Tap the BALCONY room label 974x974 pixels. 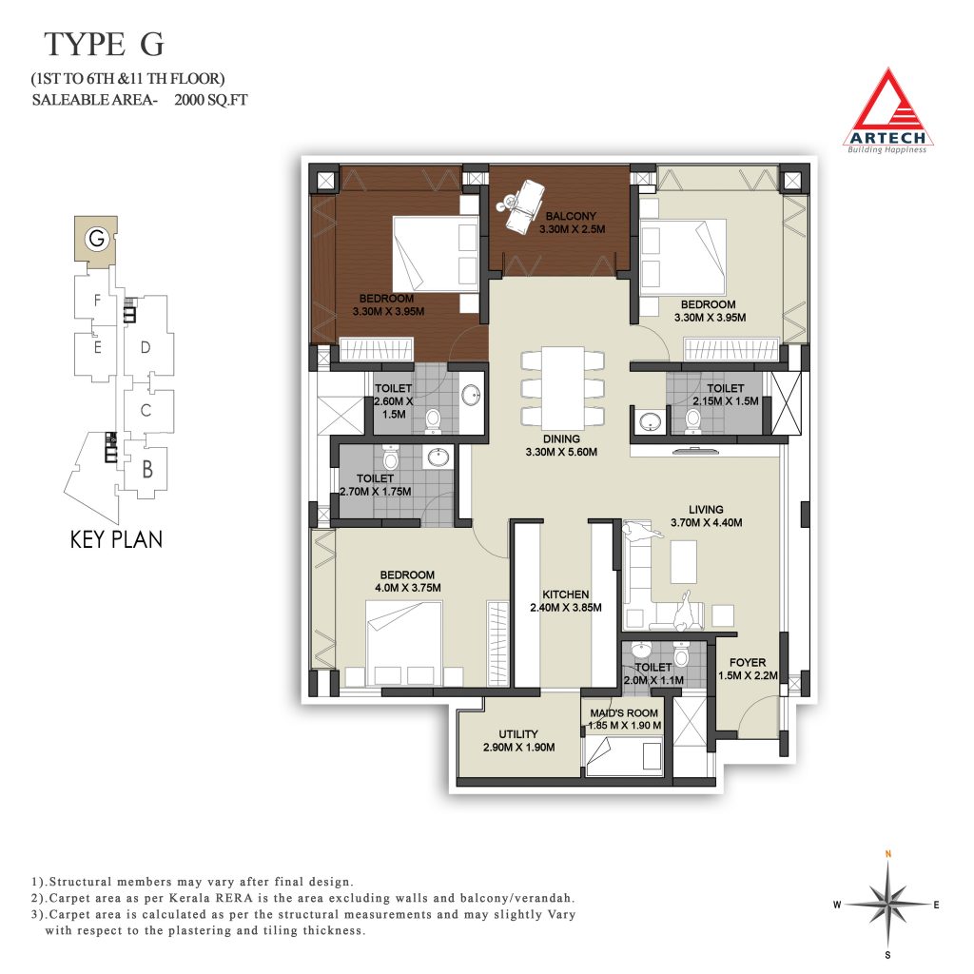click(571, 216)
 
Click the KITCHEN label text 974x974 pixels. click(565, 594)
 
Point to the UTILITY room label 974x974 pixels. click(518, 734)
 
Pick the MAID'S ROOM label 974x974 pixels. click(624, 713)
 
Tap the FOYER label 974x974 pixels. click(748, 663)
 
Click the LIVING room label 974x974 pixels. click(706, 510)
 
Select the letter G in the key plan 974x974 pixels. click(96, 239)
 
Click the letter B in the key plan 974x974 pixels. click(147, 469)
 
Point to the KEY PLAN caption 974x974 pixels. click(116, 539)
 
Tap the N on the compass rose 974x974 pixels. click(888, 854)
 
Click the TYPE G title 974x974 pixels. click(104, 44)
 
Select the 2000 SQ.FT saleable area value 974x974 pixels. click(210, 99)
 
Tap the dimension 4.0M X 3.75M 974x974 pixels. click(407, 588)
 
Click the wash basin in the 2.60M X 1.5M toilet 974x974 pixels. click(471, 395)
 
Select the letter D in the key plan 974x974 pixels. click(146, 347)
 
